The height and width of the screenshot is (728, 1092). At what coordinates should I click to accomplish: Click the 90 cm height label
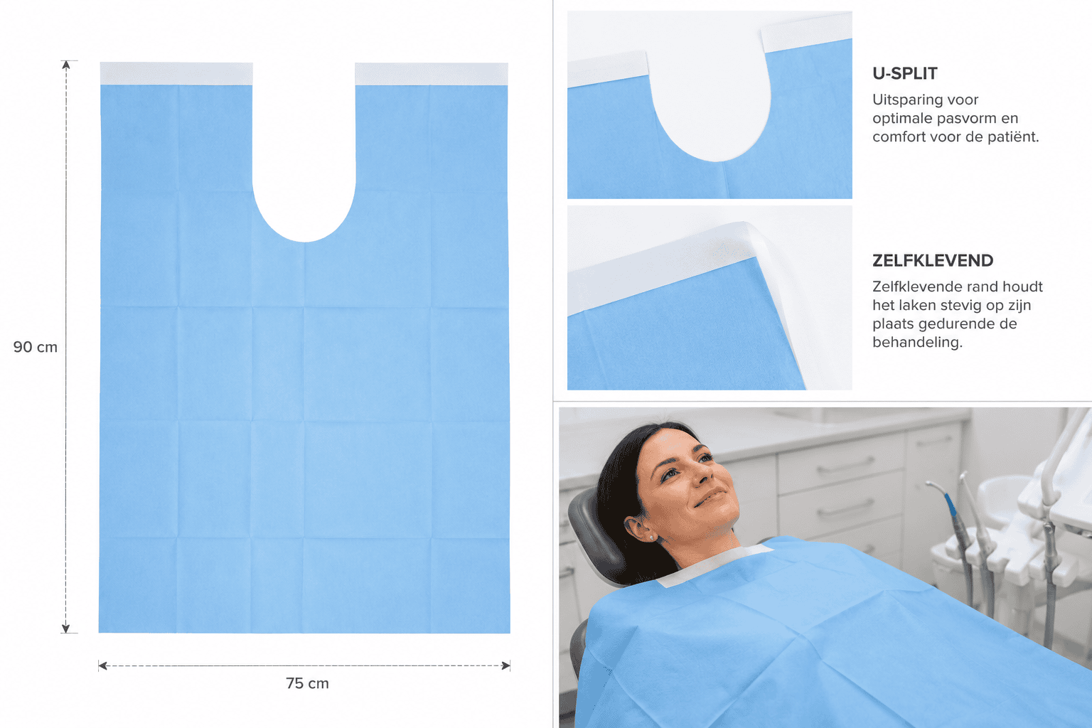35,347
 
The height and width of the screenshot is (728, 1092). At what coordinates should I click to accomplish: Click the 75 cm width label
307,684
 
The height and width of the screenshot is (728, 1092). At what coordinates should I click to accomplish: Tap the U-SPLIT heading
905,74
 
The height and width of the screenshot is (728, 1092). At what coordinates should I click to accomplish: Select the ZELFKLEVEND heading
933,261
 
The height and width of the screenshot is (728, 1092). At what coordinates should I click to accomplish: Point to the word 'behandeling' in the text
917,342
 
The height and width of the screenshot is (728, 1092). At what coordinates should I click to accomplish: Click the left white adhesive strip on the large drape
176,74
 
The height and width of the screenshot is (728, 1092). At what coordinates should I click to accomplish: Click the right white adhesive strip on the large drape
432,74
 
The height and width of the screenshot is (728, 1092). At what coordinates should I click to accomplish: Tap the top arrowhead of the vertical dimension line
66,65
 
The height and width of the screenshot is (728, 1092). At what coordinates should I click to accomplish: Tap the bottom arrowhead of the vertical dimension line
66,628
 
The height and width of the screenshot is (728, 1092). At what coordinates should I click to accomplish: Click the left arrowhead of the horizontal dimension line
102,665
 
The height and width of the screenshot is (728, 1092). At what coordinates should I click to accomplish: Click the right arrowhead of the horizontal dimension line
506,665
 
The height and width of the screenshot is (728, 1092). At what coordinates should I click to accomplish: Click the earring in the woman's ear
651,537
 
